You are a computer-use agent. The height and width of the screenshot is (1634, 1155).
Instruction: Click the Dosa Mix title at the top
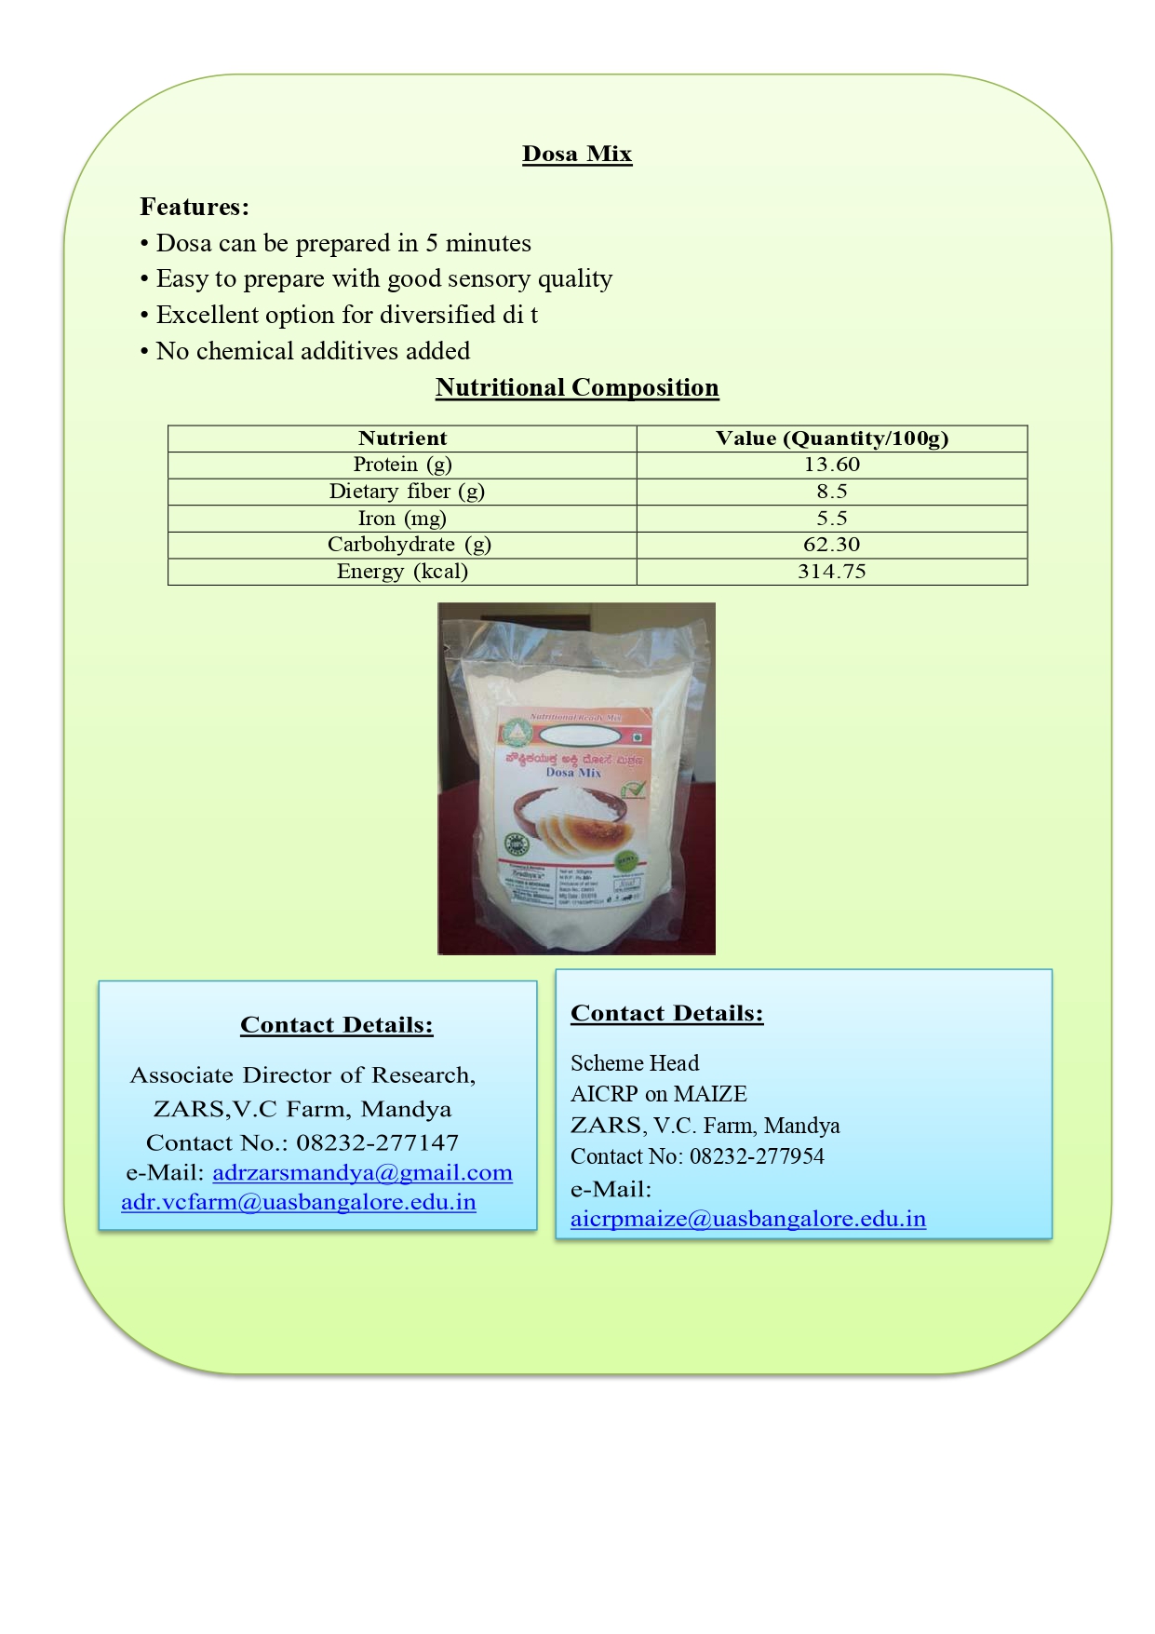577,155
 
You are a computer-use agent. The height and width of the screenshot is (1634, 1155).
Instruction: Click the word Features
194,207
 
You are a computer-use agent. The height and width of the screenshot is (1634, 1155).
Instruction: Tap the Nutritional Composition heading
577,388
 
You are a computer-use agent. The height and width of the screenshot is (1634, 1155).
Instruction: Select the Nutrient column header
402,439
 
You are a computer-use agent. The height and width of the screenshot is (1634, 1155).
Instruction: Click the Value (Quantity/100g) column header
831,439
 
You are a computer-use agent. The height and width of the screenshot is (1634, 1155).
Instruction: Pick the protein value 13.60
831,465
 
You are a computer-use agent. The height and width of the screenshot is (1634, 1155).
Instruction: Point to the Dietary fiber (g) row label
407,492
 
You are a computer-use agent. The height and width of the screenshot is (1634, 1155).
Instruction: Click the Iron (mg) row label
402,519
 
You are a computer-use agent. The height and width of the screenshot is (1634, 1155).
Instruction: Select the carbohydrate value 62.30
831,545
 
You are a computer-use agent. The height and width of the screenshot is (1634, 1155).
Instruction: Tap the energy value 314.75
831,572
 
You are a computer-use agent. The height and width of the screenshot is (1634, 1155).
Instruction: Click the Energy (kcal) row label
402,572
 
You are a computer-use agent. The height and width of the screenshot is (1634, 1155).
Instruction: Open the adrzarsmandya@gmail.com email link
362,1173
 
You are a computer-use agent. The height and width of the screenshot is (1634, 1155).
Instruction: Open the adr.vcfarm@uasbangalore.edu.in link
299,1202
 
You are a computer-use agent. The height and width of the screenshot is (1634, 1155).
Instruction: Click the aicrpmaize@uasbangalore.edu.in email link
747,1219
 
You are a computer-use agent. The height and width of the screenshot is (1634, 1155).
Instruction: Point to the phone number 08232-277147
377,1142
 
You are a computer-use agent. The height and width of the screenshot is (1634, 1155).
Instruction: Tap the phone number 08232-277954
757,1156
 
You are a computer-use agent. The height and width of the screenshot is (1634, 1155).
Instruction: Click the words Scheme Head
634,1063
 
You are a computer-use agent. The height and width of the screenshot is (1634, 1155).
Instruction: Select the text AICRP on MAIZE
658,1094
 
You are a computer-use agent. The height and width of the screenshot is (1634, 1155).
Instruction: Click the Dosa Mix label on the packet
573,773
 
